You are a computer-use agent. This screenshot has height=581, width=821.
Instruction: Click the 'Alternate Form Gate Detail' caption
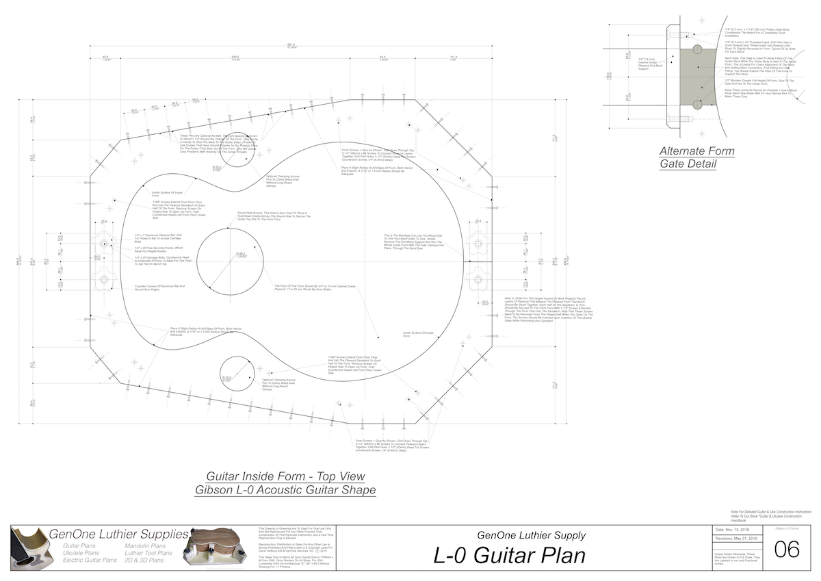tap(696, 157)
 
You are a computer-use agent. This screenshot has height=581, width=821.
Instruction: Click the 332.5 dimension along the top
tap(235, 57)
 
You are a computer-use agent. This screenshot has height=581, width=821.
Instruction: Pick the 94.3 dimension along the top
tap(383, 57)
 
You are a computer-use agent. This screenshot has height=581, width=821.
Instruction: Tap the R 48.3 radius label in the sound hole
tap(241, 254)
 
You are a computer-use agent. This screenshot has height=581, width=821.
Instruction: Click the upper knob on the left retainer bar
tap(105, 243)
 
